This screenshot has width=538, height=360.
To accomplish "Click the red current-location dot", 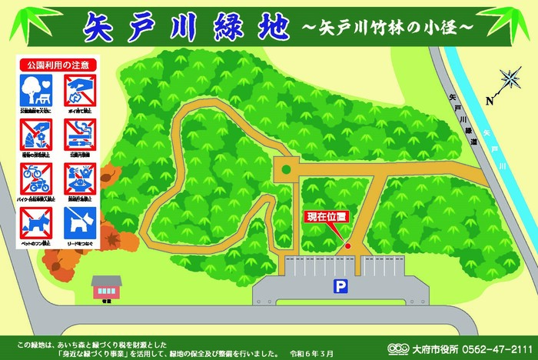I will [347, 246].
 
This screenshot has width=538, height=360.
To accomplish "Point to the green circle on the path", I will [286, 168].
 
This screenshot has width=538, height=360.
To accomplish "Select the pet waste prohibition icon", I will [34, 223].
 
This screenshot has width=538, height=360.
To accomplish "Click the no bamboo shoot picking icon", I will [34, 135].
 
